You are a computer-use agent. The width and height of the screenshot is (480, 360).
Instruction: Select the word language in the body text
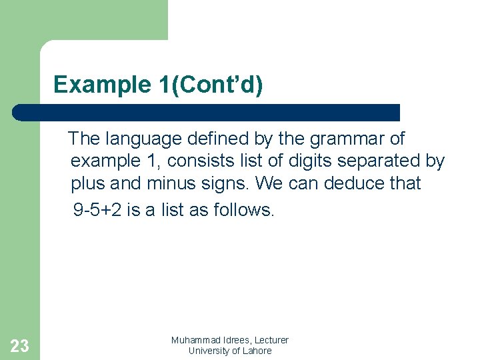coord(138,139)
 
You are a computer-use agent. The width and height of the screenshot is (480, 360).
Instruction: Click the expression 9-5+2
coord(97,211)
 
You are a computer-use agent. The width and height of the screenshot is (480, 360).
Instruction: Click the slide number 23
coord(20,345)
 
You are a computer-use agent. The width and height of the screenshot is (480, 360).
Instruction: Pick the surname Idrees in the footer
coord(239,341)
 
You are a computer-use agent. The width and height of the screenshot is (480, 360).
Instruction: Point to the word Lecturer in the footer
coord(273,341)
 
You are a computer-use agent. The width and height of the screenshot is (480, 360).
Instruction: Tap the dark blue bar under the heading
coord(207,112)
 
